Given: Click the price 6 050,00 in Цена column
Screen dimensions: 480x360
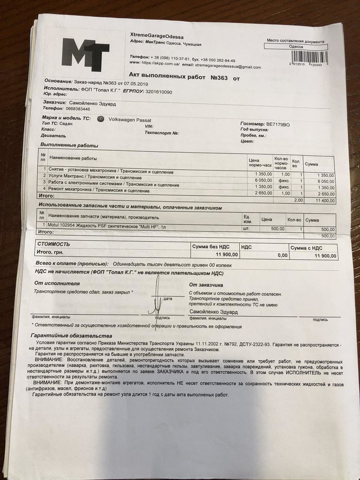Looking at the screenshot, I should pyautogui.click(x=263, y=181).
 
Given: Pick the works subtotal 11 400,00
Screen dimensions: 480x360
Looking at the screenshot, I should pyautogui.click(x=324, y=200).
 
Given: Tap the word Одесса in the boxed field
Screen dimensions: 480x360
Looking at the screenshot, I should pyautogui.click(x=296, y=47).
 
